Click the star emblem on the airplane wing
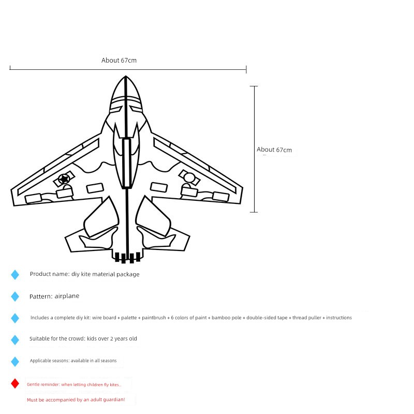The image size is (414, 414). click(x=64, y=179)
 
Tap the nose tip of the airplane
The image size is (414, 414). click(x=126, y=76)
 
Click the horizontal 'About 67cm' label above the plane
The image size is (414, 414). click(x=119, y=61)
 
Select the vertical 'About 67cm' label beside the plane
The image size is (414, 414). click(x=274, y=150)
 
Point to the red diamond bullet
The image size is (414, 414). click(x=15, y=383)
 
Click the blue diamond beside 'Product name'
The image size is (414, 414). click(x=15, y=275)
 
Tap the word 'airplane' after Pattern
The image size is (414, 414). click(x=67, y=296)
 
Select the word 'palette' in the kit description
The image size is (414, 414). click(x=129, y=318)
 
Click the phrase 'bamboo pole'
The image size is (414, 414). click(x=226, y=318)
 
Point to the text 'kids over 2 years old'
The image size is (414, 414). click(x=112, y=338)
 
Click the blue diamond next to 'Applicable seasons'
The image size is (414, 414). click(x=15, y=362)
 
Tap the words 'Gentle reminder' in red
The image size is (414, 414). click(x=43, y=385)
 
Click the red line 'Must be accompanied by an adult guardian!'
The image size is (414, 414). click(x=76, y=400)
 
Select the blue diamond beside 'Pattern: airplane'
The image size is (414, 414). click(x=15, y=297)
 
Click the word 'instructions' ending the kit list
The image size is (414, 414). click(x=339, y=318)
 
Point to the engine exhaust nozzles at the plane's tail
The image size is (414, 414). click(x=127, y=257)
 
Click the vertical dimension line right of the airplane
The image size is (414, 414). click(x=254, y=149)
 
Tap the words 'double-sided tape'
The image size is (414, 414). click(x=267, y=318)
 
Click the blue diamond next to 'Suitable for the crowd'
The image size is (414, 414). click(x=15, y=340)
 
